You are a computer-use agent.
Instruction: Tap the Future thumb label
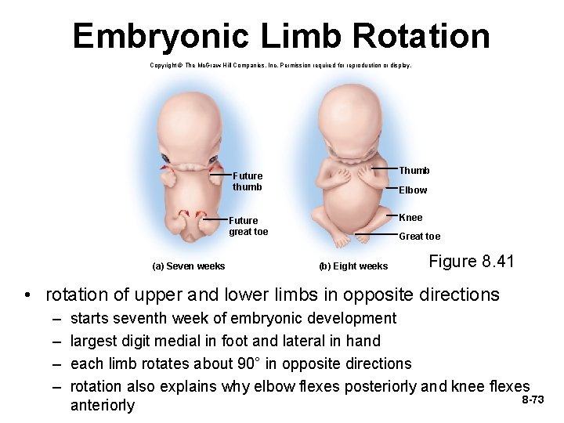(247, 181)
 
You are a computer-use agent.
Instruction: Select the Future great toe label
(248, 226)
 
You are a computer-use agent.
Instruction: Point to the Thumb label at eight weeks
(414, 170)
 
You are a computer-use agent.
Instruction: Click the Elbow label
(413, 190)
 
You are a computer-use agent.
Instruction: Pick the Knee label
(410, 217)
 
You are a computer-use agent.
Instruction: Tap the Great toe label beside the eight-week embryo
(419, 236)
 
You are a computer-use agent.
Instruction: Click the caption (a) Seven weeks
(188, 266)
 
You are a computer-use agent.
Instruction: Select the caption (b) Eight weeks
(352, 266)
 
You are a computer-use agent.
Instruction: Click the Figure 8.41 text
(471, 261)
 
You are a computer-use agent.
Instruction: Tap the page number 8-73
(533, 399)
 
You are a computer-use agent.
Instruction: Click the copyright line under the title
(280, 65)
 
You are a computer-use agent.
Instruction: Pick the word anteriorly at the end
(102, 405)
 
